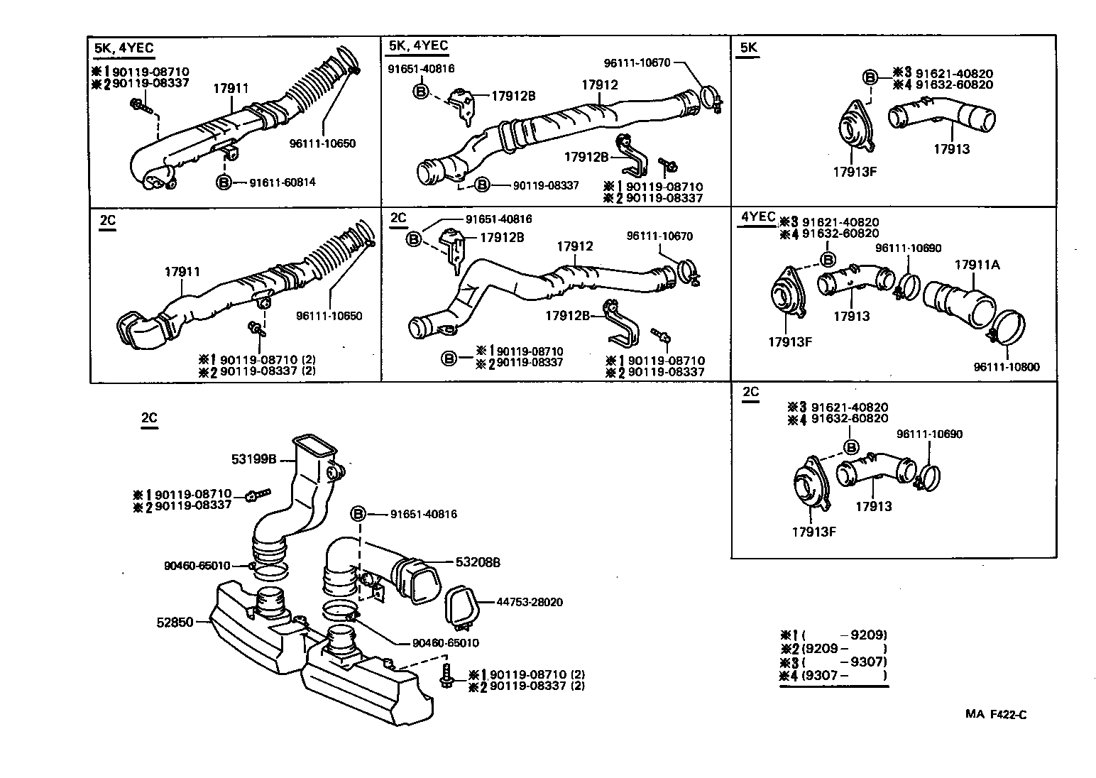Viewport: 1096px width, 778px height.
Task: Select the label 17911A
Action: (x=977, y=265)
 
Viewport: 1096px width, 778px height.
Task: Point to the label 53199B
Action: (x=253, y=459)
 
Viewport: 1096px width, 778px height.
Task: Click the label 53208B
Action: (x=478, y=562)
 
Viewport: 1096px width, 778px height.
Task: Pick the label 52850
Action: (x=175, y=622)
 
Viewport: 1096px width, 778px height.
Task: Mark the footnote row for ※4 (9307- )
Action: (x=833, y=676)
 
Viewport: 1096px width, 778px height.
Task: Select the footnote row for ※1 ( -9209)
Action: (x=833, y=635)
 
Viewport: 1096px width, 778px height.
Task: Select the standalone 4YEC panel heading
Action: (x=757, y=217)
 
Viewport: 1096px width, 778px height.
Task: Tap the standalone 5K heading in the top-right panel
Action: (x=749, y=48)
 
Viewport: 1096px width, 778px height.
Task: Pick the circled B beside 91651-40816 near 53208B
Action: (x=359, y=514)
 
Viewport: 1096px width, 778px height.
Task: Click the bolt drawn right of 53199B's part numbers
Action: (x=258, y=495)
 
